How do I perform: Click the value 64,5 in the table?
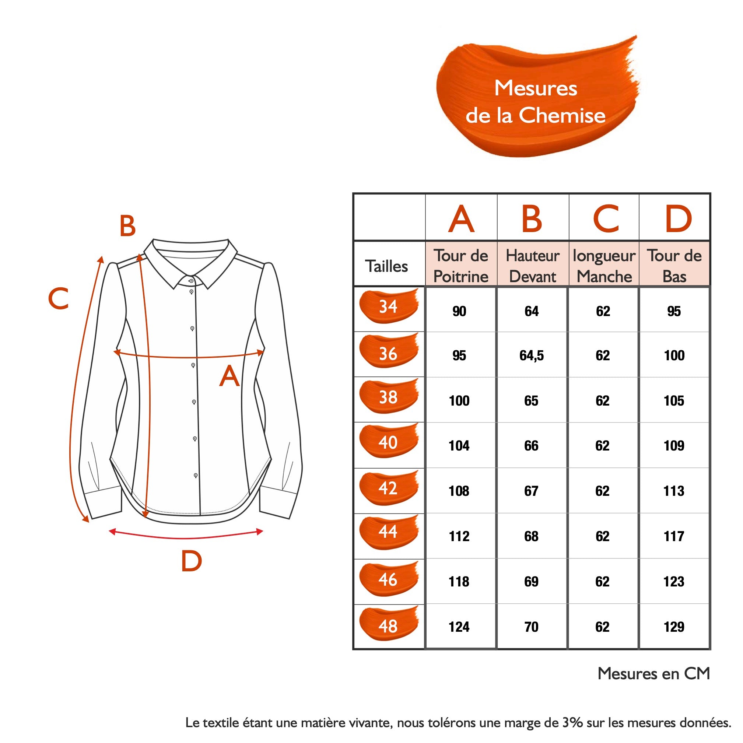tap(532, 355)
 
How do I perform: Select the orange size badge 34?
tap(388, 306)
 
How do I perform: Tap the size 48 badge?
tap(388, 626)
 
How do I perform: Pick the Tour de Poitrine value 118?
tap(459, 582)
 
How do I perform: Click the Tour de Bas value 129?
tap(674, 627)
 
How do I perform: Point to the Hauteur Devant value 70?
tap(532, 627)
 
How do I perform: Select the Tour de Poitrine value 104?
tap(459, 446)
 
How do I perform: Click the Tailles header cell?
tap(386, 266)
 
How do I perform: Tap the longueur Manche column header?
tap(604, 266)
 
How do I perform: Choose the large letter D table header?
tap(679, 219)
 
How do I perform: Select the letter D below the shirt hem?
tap(192, 561)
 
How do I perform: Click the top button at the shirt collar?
tap(191, 281)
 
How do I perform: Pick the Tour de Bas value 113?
tap(674, 491)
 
